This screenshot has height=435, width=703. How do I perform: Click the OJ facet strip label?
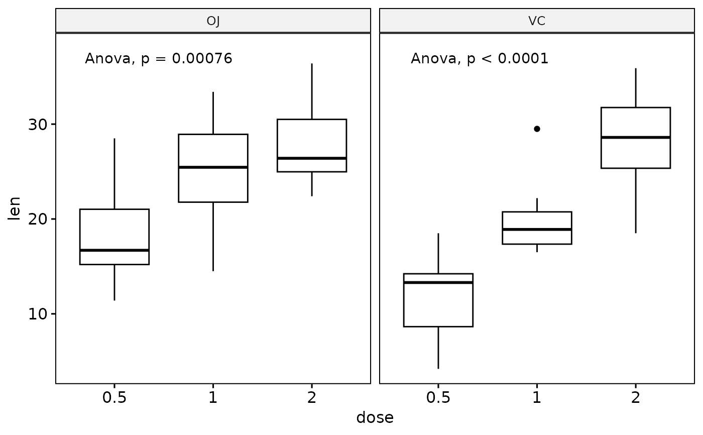point(213,21)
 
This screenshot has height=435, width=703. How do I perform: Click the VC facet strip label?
point(537,21)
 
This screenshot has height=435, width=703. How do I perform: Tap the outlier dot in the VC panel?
point(537,129)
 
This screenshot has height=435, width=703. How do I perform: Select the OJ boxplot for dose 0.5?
point(114,236)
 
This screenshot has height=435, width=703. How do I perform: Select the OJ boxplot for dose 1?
point(213,168)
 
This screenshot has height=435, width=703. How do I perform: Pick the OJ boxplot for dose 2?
point(312,146)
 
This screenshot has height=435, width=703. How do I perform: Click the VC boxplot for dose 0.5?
point(438,300)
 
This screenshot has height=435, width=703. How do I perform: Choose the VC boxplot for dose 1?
point(537,228)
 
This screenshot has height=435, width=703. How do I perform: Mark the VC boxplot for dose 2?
point(636,138)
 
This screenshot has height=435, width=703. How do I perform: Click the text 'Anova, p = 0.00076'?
point(159,59)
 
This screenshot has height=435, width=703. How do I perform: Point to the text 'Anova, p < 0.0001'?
point(480,59)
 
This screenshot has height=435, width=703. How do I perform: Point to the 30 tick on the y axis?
point(38,124)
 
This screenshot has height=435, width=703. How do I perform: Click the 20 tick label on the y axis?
point(38,219)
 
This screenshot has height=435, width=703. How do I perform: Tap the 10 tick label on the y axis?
point(38,314)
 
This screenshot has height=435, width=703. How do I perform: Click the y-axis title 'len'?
point(15,208)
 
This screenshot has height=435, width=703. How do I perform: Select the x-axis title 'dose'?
point(375,418)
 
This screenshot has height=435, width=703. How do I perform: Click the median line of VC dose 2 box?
point(636,137)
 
